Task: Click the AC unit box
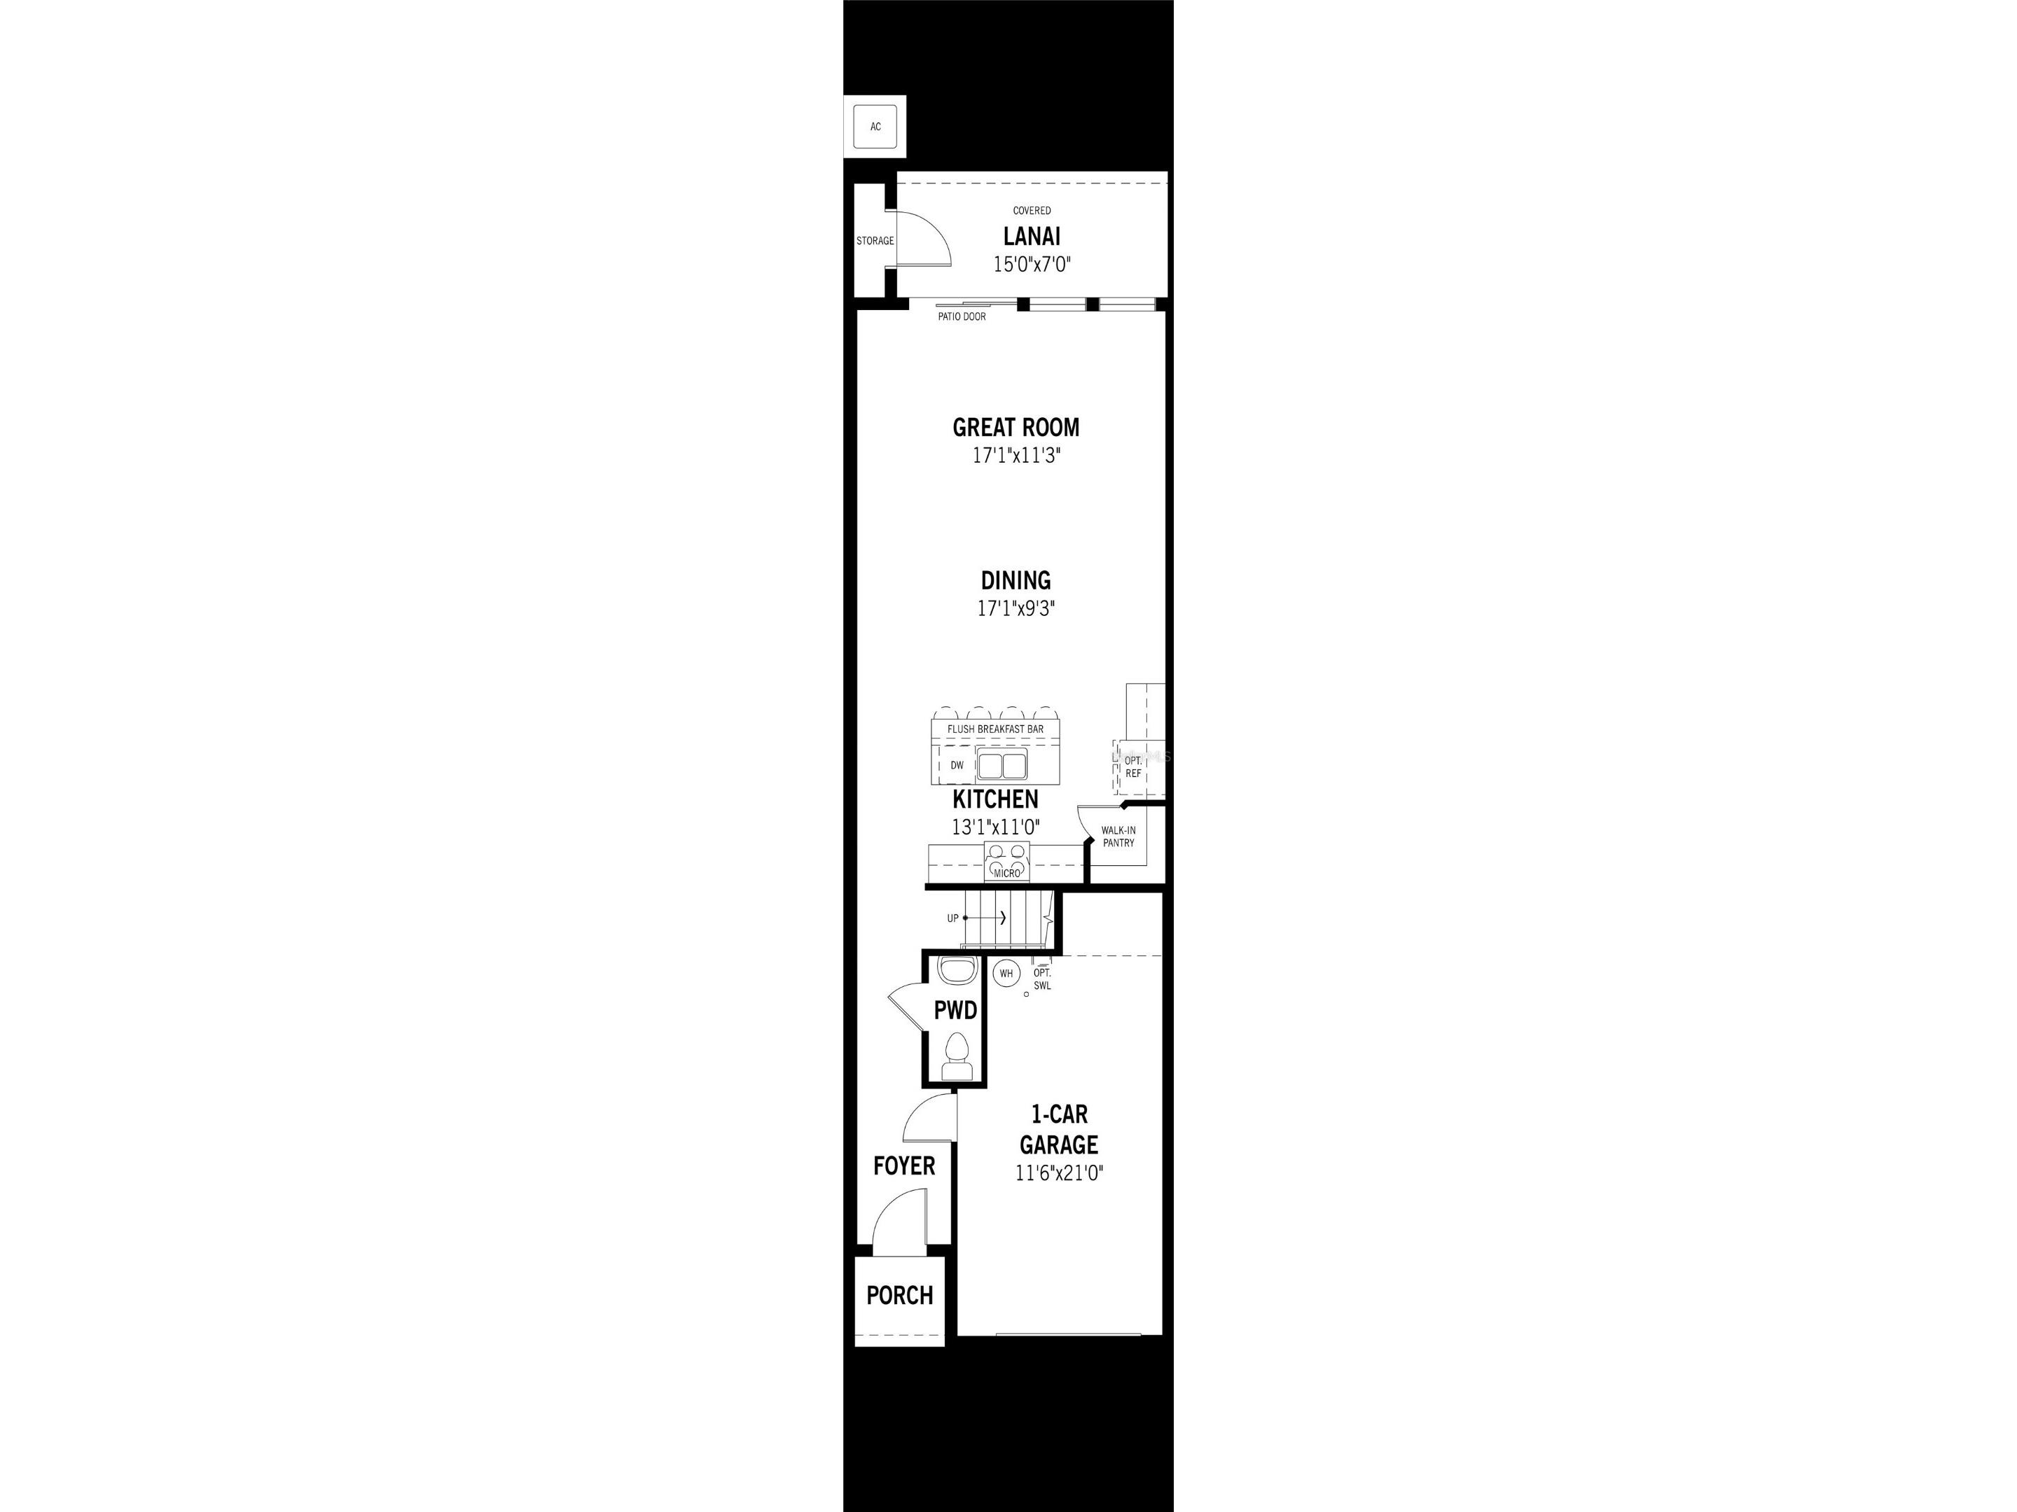tap(875, 127)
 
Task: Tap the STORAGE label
tap(875, 241)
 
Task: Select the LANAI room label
tap(1032, 236)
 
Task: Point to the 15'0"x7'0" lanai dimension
tap(1032, 265)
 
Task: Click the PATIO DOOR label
tap(962, 317)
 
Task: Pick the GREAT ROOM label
tap(1016, 428)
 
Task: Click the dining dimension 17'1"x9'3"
tap(1016, 609)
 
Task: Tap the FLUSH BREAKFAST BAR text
tap(994, 729)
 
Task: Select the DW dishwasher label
tap(957, 766)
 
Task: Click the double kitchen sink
tap(1002, 764)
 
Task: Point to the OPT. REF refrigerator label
tap(1133, 766)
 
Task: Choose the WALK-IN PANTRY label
tap(1118, 836)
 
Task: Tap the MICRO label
tap(1006, 873)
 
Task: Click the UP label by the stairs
tap(953, 918)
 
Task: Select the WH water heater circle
tap(1006, 974)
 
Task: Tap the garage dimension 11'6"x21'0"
tap(1060, 1174)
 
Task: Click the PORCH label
tap(899, 1295)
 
